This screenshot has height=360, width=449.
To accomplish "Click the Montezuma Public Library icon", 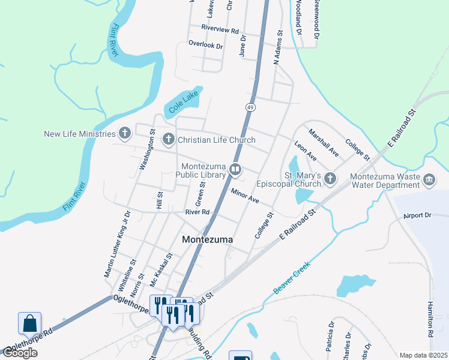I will [x=235, y=170].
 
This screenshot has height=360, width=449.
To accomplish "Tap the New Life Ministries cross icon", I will [x=125, y=133].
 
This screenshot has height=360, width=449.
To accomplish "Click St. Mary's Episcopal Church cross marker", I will [x=330, y=178].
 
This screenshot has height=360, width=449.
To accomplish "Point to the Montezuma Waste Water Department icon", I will [x=429, y=178].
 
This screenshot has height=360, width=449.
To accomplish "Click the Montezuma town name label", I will [x=207, y=239].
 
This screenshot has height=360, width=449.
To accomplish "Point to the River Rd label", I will [x=197, y=212].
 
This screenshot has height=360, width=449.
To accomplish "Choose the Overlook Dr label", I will [x=205, y=44].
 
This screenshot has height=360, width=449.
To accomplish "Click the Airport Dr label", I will [x=417, y=215].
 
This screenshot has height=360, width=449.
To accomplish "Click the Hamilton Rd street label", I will [x=430, y=318].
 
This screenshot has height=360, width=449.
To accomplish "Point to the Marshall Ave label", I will [x=324, y=143].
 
